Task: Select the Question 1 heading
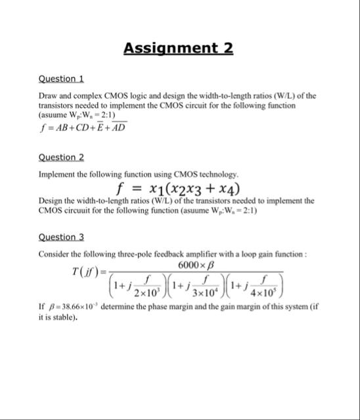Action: (x=60, y=79)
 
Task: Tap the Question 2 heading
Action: (x=61, y=157)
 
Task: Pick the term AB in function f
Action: (x=59, y=128)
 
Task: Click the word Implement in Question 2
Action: (x=57, y=174)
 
